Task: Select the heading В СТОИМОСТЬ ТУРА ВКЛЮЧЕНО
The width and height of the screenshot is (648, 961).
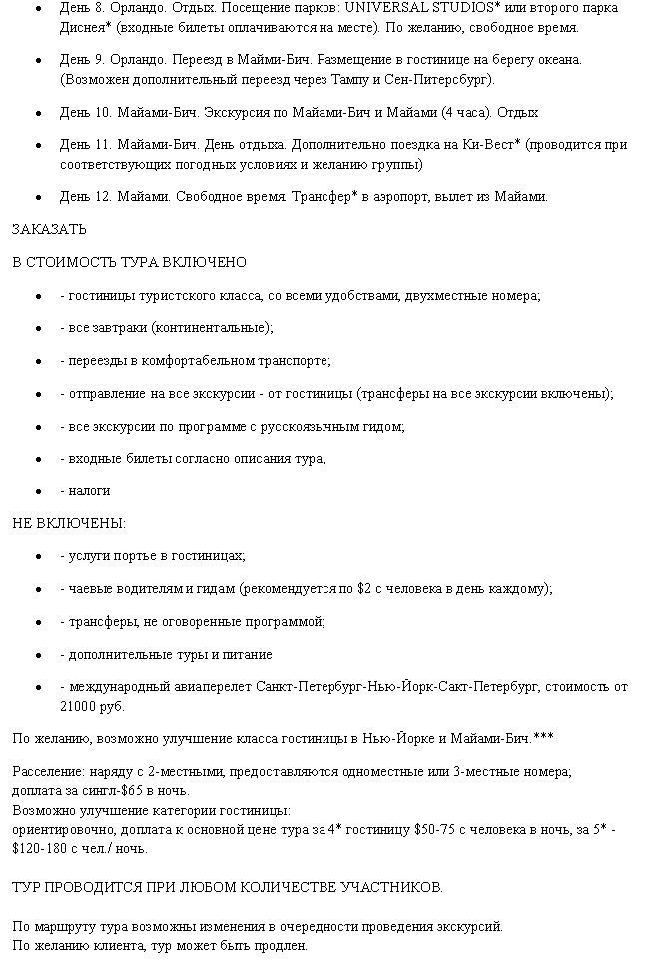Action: click(129, 262)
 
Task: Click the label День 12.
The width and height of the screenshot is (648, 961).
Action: click(84, 196)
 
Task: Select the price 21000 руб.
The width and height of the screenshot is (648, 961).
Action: click(92, 706)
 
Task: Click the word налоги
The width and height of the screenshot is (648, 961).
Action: click(89, 490)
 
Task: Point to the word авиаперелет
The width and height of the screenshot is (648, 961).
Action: click(213, 687)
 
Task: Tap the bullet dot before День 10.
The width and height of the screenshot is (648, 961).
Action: click(38, 113)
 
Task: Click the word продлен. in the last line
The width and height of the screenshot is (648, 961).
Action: click(282, 945)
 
